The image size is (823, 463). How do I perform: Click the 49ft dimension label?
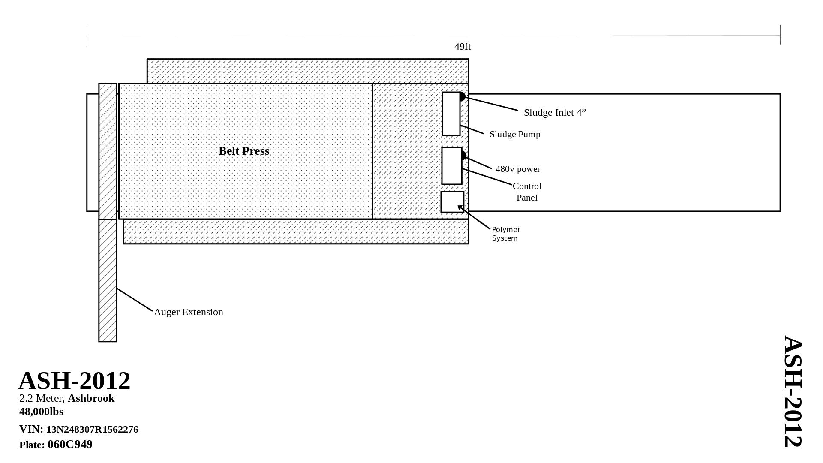point(462,46)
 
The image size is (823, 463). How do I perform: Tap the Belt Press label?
point(244,151)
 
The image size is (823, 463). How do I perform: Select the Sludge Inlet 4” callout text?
point(555,112)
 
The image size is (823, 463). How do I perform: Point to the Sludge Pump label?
point(514,134)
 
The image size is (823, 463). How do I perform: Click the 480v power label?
point(517,169)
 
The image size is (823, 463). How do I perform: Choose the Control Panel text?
point(527,192)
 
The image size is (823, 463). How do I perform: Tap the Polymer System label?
point(506,234)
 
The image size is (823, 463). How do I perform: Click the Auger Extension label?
point(188,312)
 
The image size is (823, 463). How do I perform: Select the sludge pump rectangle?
point(451,114)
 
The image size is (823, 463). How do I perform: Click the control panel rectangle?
point(452,166)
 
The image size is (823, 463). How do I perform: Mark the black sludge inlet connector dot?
point(462,96)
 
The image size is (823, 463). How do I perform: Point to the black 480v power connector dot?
point(463,155)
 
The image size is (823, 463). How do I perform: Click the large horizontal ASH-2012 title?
point(74,380)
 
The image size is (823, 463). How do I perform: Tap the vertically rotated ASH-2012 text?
point(793,391)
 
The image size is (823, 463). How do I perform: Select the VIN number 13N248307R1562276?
point(92,429)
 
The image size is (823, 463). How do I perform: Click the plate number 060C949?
point(70,444)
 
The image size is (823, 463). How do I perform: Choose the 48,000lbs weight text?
point(41,412)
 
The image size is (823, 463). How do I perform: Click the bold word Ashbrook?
point(91,398)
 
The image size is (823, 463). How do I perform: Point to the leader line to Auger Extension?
point(134,299)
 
